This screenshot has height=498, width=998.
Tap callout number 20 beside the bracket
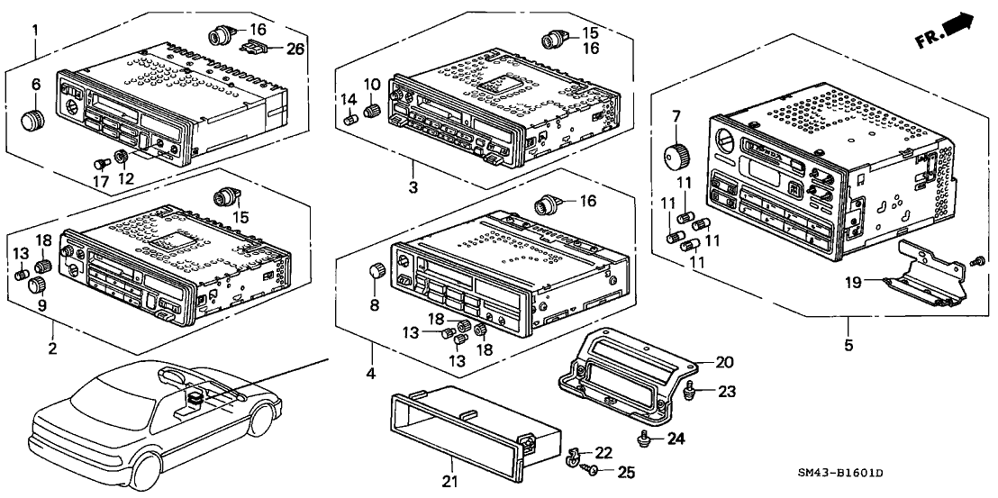coord(724,362)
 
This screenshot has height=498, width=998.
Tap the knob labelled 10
coord(370,112)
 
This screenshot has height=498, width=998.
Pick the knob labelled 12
coord(121,160)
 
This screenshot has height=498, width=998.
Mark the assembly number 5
coord(848,345)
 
